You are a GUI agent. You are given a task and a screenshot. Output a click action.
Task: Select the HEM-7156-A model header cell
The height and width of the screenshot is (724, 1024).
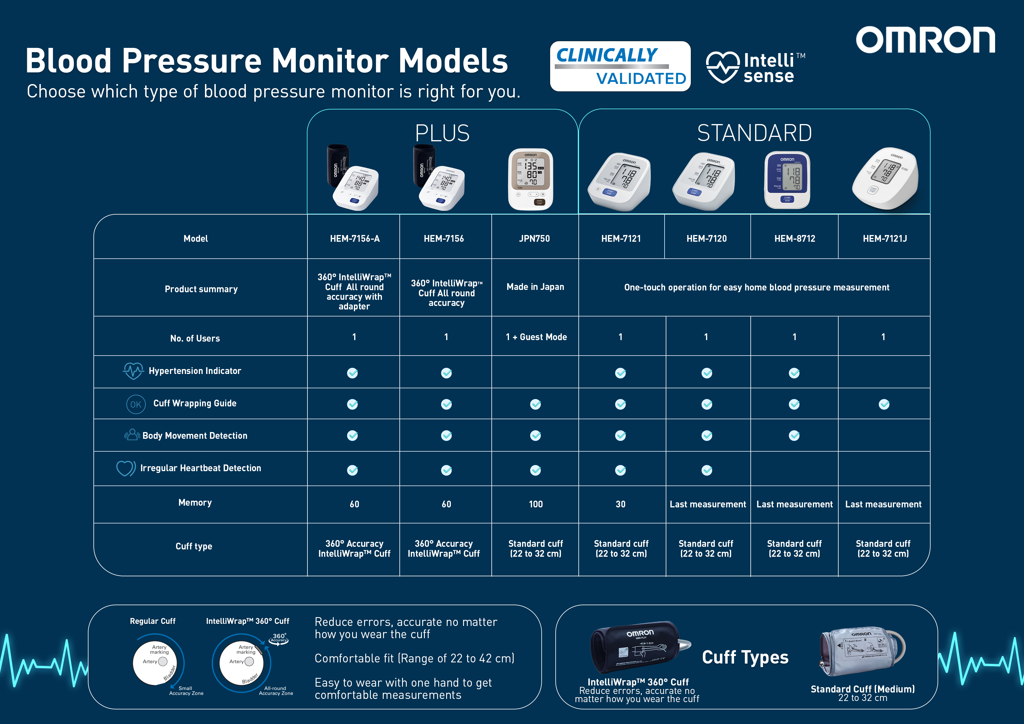354,239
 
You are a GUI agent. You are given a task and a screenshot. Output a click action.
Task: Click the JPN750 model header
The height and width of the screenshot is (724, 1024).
534,239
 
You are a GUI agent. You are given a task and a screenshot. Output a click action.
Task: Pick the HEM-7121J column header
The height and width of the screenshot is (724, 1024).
884,239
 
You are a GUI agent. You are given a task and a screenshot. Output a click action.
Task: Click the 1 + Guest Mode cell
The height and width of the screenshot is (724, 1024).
536,337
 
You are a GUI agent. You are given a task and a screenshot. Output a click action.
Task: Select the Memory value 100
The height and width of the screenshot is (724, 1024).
536,504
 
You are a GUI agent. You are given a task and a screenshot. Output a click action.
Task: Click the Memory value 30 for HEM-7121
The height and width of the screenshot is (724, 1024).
620,504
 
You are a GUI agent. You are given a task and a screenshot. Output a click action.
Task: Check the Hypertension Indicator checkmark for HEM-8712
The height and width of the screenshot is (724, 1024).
794,373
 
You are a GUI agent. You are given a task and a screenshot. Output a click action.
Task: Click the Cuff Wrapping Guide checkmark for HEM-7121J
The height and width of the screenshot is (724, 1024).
884,404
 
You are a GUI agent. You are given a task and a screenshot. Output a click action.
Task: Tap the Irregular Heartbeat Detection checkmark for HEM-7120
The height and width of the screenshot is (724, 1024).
706,470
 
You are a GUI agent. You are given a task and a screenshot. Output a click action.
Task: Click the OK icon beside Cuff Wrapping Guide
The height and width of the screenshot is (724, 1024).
135,404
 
